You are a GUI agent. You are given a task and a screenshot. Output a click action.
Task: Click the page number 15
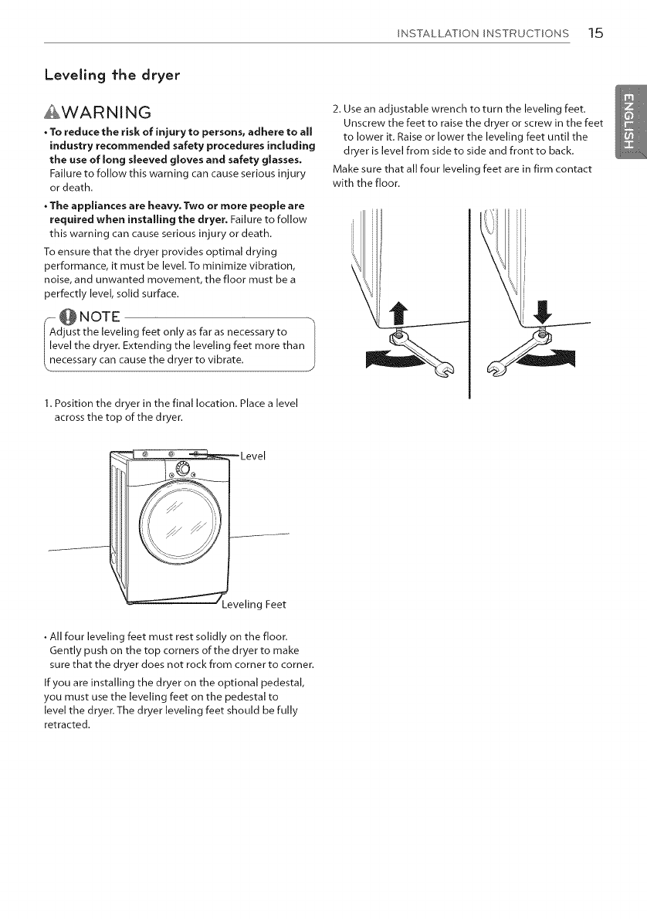coord(595,33)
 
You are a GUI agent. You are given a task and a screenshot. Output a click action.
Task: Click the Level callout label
coord(253,456)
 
